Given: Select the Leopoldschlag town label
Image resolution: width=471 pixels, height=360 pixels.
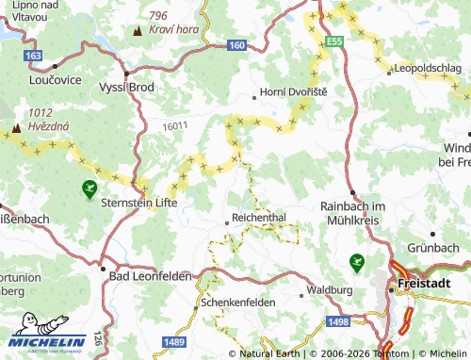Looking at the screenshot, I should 427,70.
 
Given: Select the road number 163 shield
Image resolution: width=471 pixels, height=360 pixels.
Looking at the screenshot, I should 34,57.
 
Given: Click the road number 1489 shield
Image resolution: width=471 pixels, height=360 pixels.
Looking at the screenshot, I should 172,341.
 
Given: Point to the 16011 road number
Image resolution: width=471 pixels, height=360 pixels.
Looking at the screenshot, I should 174,125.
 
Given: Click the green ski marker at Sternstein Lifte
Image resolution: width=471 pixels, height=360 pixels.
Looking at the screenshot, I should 89,189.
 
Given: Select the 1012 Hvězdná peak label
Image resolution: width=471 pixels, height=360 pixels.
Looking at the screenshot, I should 35,119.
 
